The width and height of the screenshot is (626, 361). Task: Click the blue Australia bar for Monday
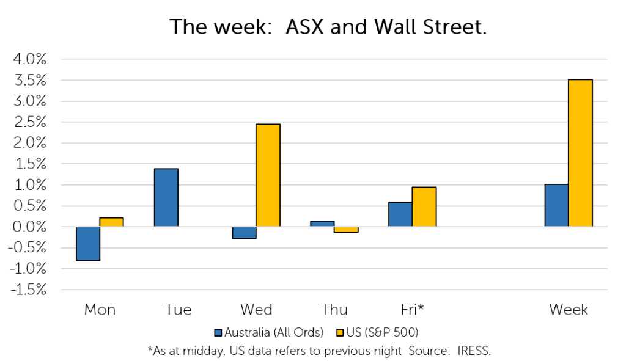tap(88, 244)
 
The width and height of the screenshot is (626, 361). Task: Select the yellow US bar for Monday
tap(111, 222)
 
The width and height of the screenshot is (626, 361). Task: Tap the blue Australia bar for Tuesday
tap(166, 197)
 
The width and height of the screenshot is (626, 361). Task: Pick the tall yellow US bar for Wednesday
tap(268, 175)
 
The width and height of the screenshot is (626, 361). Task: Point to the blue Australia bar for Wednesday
tap(245, 233)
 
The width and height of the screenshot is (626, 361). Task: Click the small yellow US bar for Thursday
tap(346, 229)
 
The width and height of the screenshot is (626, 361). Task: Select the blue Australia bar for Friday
tap(400, 214)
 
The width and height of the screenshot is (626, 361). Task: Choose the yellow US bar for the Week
tap(581, 153)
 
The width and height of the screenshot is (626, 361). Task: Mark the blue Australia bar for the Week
tap(557, 205)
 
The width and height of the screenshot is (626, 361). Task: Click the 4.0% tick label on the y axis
tap(30, 59)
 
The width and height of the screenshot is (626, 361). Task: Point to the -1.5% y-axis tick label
tap(28, 290)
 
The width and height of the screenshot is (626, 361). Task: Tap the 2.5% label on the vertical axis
tap(30, 122)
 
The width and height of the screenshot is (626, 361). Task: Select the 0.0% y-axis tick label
tap(29, 227)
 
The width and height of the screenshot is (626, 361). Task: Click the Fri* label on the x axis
tap(412, 310)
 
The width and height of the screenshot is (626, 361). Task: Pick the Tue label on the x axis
tap(178, 310)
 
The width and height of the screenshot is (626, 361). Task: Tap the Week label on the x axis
tap(569, 310)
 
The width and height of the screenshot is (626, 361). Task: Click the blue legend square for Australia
tap(218, 333)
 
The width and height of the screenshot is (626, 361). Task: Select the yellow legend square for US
tap(340, 333)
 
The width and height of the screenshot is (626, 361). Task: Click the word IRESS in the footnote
tap(474, 351)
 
